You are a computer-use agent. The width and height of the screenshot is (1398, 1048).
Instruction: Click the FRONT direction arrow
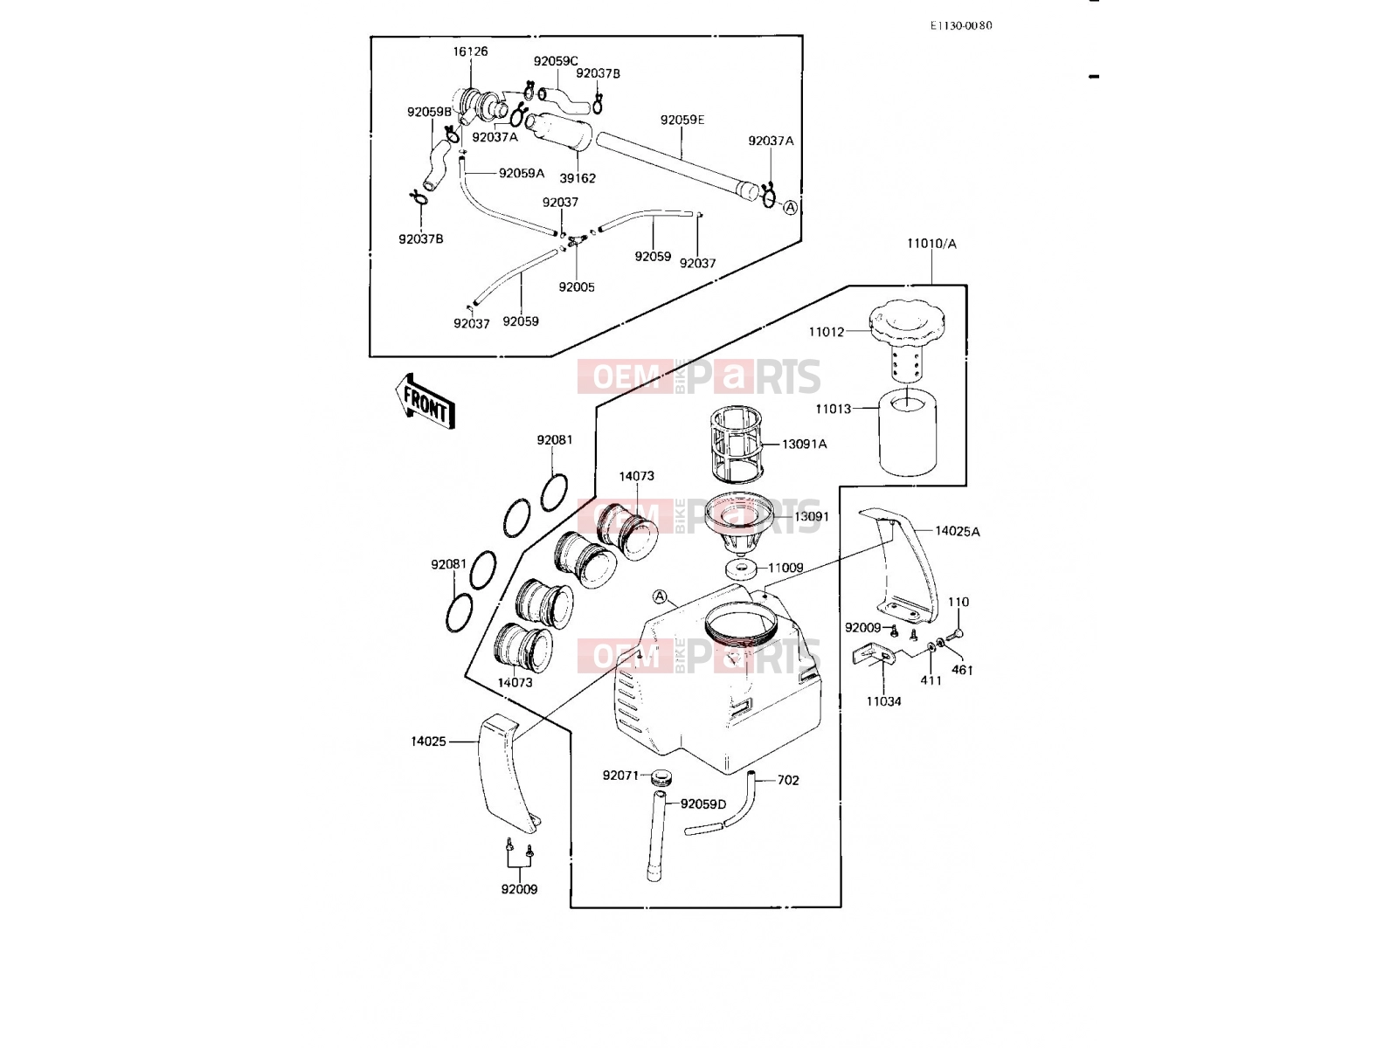pos(425,402)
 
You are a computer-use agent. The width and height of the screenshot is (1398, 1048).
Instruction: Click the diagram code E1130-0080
pos(961,25)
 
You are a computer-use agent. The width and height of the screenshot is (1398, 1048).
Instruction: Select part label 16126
pos(471,52)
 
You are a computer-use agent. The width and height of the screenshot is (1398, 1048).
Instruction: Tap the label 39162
pos(578,178)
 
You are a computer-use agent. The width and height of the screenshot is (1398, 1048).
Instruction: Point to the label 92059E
pos(682,120)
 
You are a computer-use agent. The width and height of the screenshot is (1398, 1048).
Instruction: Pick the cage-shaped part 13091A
pos(737,445)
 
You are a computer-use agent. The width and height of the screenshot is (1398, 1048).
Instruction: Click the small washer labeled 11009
pos(742,567)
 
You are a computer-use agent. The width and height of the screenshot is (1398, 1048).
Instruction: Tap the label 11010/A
pos(931,244)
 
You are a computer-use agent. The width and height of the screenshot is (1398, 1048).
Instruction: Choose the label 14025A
pos(958,531)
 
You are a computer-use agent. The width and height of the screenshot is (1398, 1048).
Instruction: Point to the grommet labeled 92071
pos(661,777)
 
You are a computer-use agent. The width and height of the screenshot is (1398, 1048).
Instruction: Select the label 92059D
pos(703,804)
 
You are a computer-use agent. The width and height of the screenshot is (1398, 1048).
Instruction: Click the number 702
pos(788,780)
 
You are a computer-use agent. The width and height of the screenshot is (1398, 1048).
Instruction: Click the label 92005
pos(577,287)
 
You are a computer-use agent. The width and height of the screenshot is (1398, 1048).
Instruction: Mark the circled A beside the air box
pos(661,596)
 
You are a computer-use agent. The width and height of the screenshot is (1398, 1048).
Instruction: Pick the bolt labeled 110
pos(954,634)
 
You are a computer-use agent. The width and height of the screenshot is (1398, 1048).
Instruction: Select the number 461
pos(962,670)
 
